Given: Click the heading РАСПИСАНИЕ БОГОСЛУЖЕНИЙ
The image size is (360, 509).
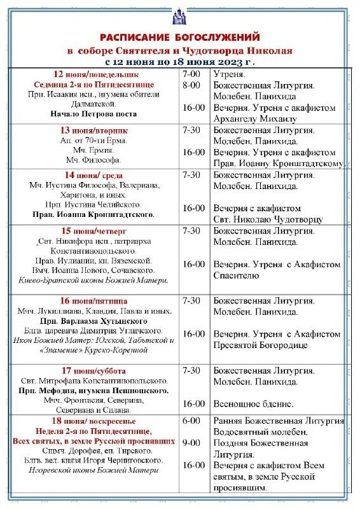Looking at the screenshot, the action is tap(180, 38).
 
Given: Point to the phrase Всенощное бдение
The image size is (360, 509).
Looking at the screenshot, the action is tap(253, 403).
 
